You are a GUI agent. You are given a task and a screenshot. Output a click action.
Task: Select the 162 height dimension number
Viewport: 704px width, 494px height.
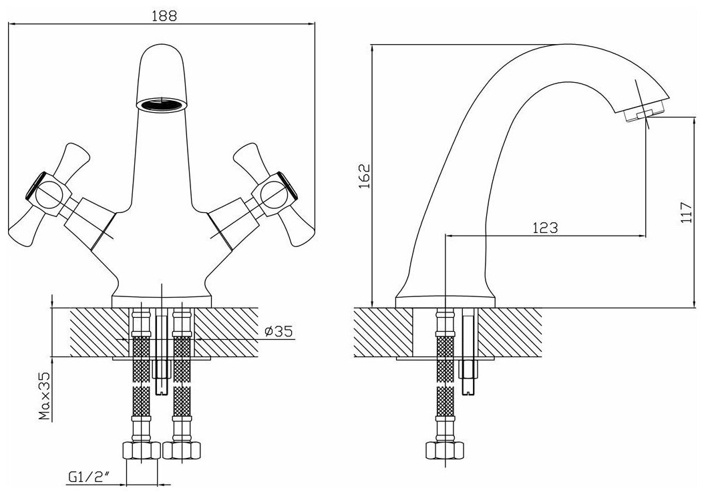[x=364, y=177]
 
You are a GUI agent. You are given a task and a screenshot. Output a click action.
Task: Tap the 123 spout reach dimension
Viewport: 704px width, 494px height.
[x=545, y=228]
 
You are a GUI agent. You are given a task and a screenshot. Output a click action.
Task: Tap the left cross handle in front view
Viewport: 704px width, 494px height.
[x=53, y=194]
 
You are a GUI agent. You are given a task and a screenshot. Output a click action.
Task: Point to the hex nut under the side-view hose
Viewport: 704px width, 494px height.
[x=443, y=451]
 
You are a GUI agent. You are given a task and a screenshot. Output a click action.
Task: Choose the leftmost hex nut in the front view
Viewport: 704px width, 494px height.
[x=142, y=451]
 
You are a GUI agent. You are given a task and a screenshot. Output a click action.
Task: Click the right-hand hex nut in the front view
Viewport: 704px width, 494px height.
[x=182, y=451]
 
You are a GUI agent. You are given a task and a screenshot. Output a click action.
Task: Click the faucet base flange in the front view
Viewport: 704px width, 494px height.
[x=162, y=300]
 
